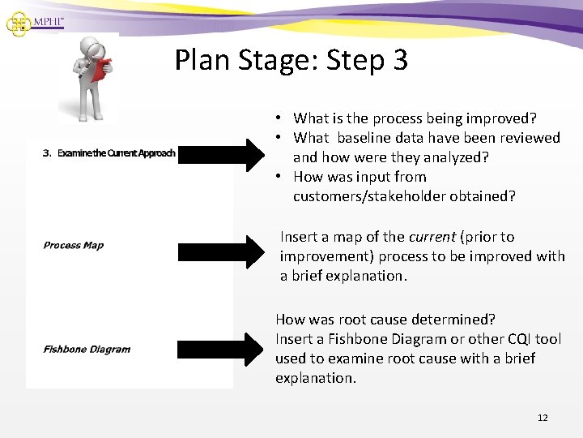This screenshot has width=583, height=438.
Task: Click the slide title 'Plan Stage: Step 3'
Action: pyautogui.click(x=291, y=60)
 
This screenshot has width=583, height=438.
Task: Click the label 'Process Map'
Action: pyautogui.click(x=73, y=245)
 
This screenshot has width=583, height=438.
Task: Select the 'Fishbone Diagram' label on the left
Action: pyautogui.click(x=87, y=350)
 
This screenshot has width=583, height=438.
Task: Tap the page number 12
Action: pyautogui.click(x=543, y=418)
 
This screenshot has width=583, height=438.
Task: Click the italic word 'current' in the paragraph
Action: pyautogui.click(x=434, y=237)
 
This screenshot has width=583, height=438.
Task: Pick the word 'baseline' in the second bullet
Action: pyautogui.click(x=363, y=137)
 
